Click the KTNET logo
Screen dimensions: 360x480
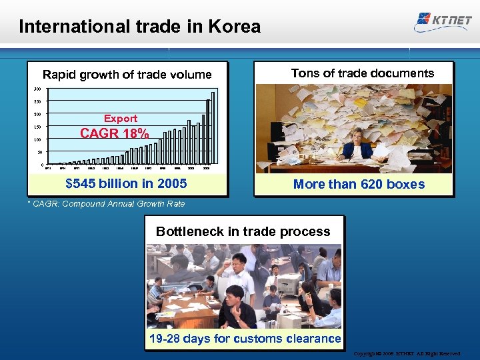(x=443, y=20)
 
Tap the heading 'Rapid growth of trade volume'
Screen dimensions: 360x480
(x=127, y=75)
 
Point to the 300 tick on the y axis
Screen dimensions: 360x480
(x=37, y=89)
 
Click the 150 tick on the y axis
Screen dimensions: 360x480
(x=37, y=127)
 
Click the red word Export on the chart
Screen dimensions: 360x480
(x=121, y=119)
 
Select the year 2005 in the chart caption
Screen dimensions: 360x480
(x=172, y=183)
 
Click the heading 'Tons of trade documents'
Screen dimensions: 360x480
(x=362, y=73)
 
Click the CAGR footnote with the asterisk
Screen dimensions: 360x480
(x=106, y=204)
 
